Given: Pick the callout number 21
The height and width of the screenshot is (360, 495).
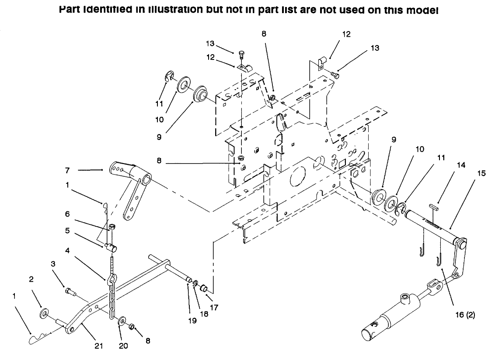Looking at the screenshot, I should [x=99, y=346].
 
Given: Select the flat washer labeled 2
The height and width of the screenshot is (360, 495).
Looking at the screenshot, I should [x=44, y=314].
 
